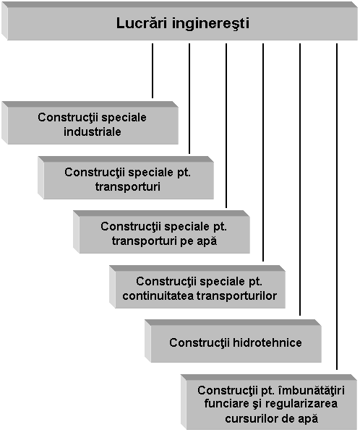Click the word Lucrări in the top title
[x=142, y=23]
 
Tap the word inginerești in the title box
[x=211, y=24]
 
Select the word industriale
[x=93, y=131]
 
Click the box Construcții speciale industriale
[x=90, y=123]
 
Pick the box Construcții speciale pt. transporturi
[x=126, y=178]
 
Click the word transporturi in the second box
[x=128, y=187]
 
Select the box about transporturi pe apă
[x=161, y=232]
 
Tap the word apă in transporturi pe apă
[x=207, y=241]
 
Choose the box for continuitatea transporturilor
[x=197, y=287]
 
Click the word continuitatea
[x=158, y=296]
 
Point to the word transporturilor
[x=237, y=296]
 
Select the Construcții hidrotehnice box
[x=233, y=341]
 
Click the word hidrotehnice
[x=267, y=342]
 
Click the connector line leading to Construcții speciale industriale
[x=153, y=71]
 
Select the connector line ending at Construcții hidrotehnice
[x=300, y=179]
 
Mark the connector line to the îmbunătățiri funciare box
[x=337, y=207]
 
